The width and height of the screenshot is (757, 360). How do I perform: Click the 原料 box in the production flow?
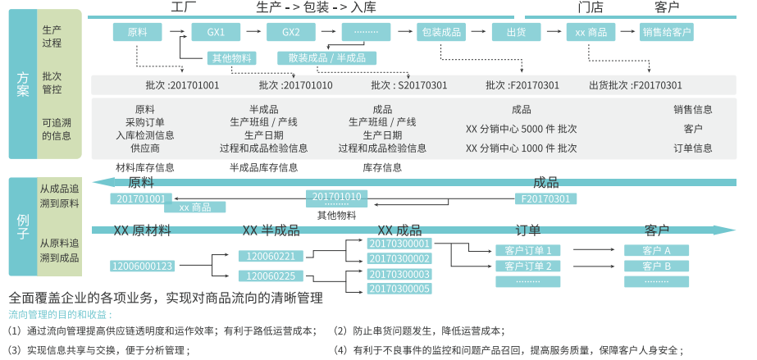(136, 33)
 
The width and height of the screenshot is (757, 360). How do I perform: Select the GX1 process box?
(216, 33)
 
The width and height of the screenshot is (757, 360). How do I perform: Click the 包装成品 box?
(442, 33)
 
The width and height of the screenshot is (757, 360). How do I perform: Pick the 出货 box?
(516, 33)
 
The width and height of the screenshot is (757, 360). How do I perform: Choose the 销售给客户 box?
(667, 33)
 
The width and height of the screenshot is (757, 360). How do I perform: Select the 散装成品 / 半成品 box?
(326, 57)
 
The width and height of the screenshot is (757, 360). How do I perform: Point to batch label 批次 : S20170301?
(410, 85)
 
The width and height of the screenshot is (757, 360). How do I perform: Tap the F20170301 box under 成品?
(545, 198)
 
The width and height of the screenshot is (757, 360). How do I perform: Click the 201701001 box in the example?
(140, 198)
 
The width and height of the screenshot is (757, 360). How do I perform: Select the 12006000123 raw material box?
(143, 266)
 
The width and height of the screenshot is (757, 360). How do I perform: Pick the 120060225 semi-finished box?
(270, 276)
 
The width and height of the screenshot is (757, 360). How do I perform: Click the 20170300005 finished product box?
(399, 289)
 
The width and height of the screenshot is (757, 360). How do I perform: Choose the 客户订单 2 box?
(527, 266)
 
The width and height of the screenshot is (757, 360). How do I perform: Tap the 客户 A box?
(656, 250)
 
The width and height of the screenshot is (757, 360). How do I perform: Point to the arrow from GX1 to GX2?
(255, 33)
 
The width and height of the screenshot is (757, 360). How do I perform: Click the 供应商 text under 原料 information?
(144, 148)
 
